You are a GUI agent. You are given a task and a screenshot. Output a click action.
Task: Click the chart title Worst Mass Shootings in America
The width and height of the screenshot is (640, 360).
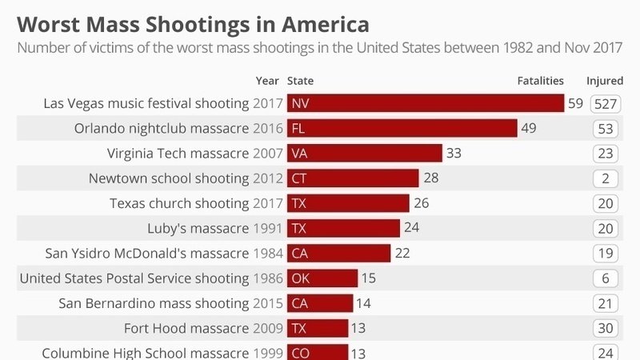[x=192, y=22]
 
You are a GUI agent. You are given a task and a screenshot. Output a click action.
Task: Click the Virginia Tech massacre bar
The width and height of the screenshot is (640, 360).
[x=364, y=153]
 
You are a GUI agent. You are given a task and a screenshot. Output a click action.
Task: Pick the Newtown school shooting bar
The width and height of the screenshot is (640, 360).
[x=352, y=178]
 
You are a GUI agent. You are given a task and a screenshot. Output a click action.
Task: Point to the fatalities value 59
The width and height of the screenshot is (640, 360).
[x=575, y=103]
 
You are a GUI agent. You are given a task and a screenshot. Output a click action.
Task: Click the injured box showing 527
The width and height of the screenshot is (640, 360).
[x=606, y=104]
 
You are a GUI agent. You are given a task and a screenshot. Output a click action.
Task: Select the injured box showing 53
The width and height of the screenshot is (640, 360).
[x=606, y=129]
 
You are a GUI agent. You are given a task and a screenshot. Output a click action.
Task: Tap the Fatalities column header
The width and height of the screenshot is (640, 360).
[x=541, y=81]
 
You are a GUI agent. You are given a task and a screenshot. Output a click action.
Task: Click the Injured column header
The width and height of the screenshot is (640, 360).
[x=605, y=81]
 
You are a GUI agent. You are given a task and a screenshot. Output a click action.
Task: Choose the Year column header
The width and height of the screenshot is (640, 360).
[x=267, y=81]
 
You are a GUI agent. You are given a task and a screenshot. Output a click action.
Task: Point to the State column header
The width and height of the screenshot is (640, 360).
[x=300, y=81]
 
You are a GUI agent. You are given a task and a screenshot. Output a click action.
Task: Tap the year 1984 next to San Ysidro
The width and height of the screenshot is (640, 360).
[x=267, y=254]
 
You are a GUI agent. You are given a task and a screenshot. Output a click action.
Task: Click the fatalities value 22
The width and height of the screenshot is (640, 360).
[x=402, y=253]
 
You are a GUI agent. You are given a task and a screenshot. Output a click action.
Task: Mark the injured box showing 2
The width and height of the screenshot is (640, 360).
[x=606, y=178]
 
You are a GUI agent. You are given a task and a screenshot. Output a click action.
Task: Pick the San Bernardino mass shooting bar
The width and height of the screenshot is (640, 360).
[x=319, y=303]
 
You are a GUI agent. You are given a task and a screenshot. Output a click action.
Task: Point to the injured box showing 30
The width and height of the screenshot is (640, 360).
[x=606, y=328]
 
